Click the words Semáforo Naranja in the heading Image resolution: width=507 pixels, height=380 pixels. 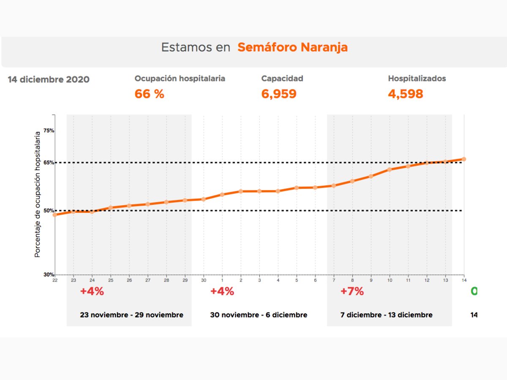pyautogui.click(x=292, y=47)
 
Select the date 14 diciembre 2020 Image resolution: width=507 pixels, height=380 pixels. pyautogui.click(x=49, y=79)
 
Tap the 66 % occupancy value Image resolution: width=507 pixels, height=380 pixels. pyautogui.click(x=149, y=94)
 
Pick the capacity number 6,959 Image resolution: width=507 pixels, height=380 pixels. pyautogui.click(x=279, y=94)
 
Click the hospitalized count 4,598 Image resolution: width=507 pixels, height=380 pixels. pyautogui.click(x=406, y=94)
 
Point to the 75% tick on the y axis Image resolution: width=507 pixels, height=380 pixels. pyautogui.click(x=49, y=130)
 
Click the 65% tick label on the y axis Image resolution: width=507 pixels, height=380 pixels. pyautogui.click(x=49, y=163)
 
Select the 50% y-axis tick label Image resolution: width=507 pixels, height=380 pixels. pyautogui.click(x=49, y=211)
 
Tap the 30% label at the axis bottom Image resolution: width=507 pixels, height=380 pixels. pyautogui.click(x=49, y=274)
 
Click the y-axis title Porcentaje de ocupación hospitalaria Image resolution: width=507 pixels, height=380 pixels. pyautogui.click(x=38, y=194)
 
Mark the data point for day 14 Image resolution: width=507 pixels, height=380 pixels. pyautogui.click(x=464, y=159)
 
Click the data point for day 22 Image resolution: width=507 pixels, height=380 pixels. pyautogui.click(x=55, y=214)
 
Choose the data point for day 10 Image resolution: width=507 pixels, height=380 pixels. pyautogui.click(x=390, y=169)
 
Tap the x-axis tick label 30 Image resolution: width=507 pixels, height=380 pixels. pyautogui.click(x=204, y=280)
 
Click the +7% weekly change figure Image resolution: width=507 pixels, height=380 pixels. pyautogui.click(x=352, y=291)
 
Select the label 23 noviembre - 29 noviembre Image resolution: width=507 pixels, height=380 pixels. pyautogui.click(x=131, y=315)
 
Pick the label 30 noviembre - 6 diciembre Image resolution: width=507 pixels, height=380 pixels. pyautogui.click(x=259, y=315)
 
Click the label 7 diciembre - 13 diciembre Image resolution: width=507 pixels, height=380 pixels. pyautogui.click(x=386, y=315)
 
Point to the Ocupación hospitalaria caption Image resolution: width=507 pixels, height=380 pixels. pyautogui.click(x=180, y=79)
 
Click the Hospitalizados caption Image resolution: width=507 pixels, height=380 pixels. pyautogui.click(x=417, y=79)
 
